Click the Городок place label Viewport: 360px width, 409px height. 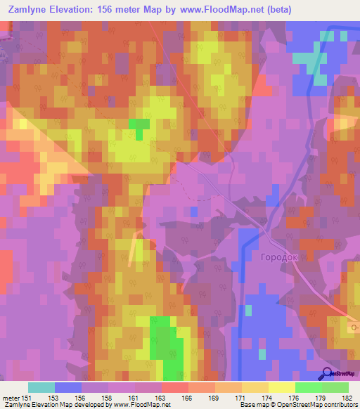tap(280, 257)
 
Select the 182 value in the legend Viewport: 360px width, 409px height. tap(345, 398)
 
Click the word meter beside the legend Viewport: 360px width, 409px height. tap(11, 398)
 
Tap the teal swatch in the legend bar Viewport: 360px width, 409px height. tap(41, 387)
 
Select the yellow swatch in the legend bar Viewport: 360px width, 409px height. tap(281, 387)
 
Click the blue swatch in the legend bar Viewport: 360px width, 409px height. tap(68, 387)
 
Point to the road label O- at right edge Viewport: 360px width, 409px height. tap(353, 325)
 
